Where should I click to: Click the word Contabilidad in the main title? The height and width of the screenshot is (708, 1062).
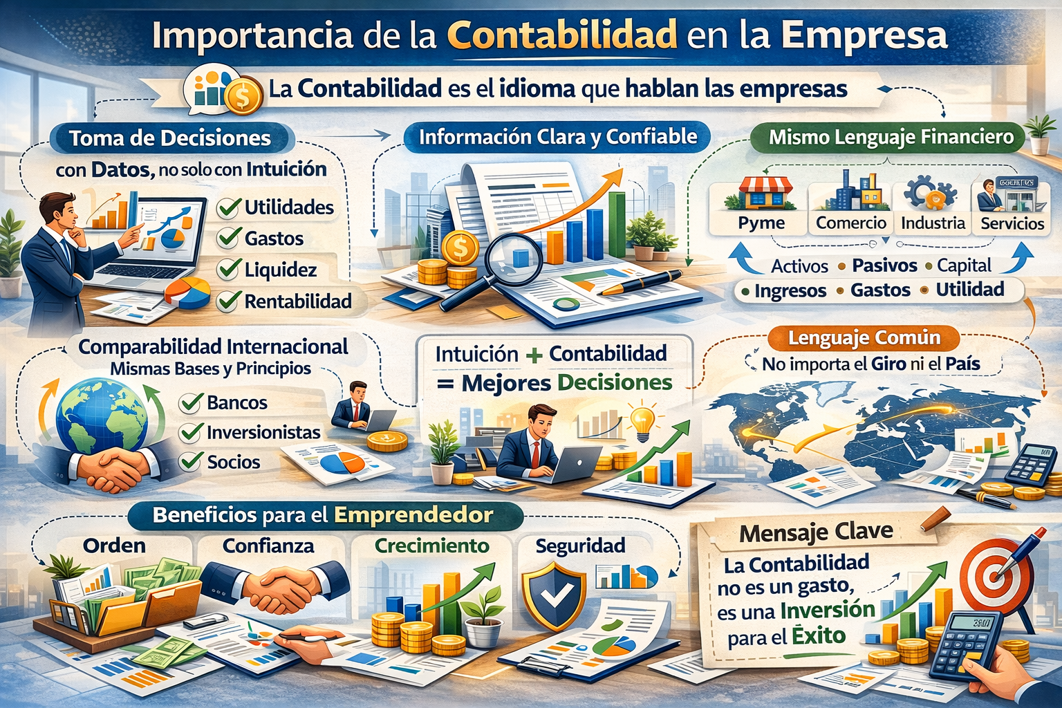pos(561,35)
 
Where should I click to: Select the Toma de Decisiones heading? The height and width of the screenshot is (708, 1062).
pos(170,138)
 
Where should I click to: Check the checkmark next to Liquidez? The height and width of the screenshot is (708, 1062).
pos(228,269)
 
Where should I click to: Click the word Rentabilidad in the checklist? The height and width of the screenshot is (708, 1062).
pos(298,301)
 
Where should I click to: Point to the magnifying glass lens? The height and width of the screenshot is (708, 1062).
pos(514,261)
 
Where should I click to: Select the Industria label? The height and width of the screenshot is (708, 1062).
pos(933,223)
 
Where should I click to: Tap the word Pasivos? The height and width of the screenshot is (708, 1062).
pos(884,265)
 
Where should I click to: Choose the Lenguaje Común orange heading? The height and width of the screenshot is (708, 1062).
pos(864,338)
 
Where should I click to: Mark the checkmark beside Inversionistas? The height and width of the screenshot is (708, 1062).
pos(190,433)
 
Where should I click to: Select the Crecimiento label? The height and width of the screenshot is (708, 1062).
pos(432,546)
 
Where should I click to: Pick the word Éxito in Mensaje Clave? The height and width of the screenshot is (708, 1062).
pos(819,636)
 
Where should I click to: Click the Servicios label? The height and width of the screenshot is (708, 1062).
pos(1012,223)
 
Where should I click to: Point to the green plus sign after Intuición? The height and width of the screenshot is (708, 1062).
pos(534,355)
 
